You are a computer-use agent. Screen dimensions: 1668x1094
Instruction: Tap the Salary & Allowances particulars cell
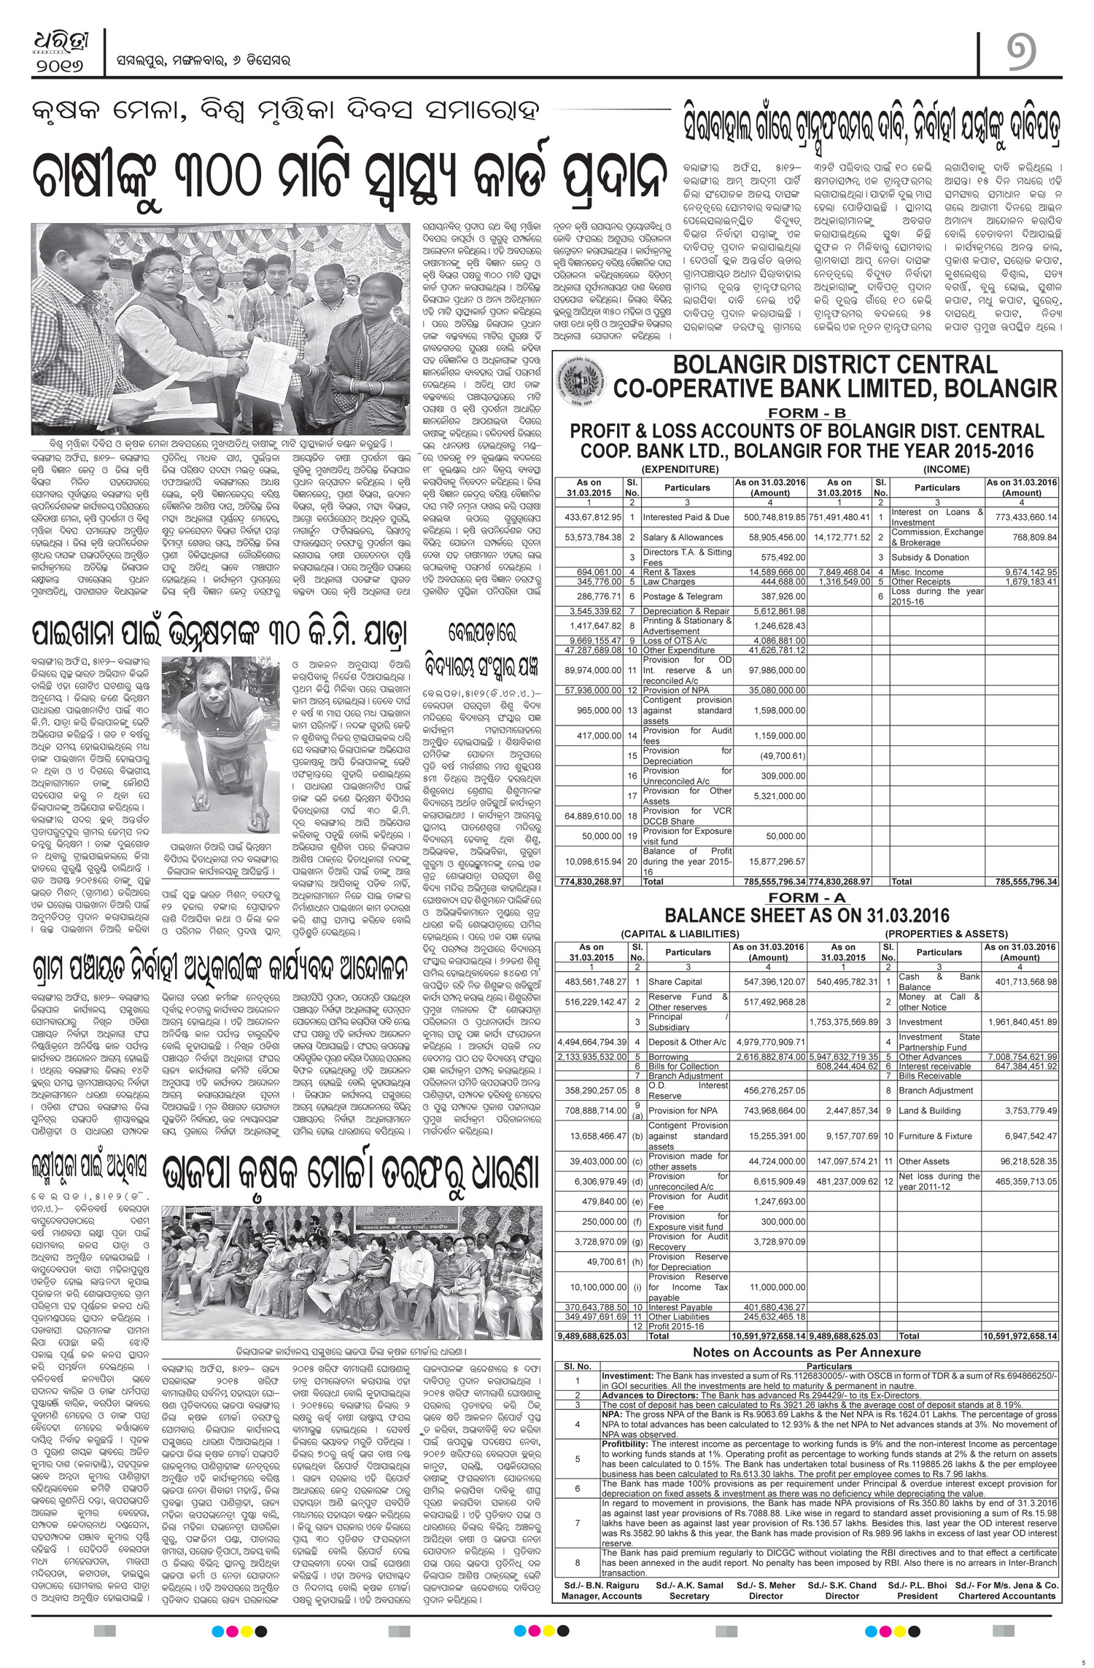tap(686, 537)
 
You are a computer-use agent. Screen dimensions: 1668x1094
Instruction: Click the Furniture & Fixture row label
tap(935, 1136)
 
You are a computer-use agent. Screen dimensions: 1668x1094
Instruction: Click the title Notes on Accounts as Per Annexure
tap(807, 1352)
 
